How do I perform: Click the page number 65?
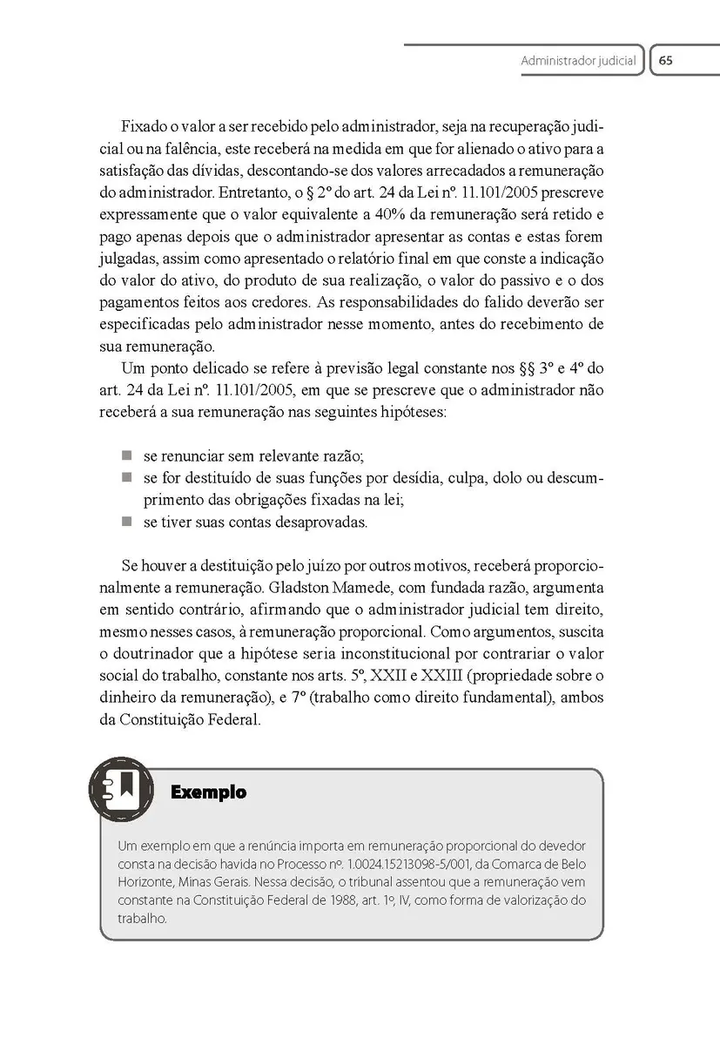click(666, 61)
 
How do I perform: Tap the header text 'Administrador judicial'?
click(578, 62)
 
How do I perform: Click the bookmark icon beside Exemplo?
click(122, 790)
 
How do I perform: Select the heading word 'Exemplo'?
click(209, 792)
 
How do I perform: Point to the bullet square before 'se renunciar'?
click(126, 455)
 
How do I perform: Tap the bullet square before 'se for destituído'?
click(126, 477)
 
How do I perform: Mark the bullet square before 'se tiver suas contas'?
click(126, 522)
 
